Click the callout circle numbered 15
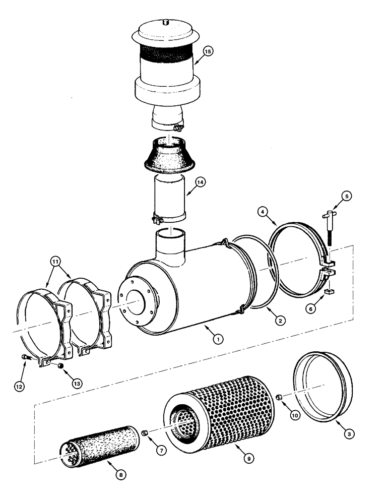pos(208,51)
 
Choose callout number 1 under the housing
pos(218,339)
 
